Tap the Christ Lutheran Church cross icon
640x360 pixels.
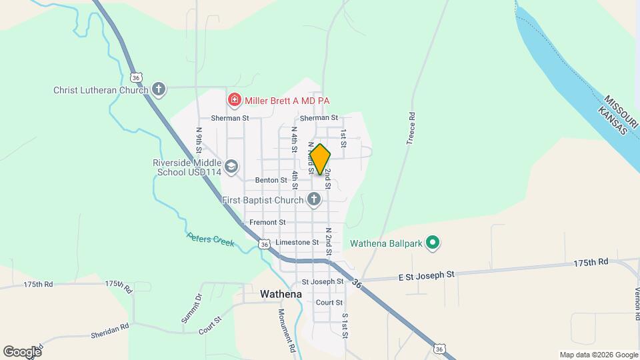158,89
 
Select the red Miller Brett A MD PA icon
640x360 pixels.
234,101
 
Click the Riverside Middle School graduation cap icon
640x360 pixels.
231,167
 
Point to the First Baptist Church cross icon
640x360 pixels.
314,199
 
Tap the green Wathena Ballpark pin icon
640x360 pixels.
433,243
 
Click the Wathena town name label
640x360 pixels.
281,293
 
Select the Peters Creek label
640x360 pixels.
211,239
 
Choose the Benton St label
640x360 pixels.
271,180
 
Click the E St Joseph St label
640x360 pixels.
426,274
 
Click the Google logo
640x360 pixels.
22,351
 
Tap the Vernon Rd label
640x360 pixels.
637,300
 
